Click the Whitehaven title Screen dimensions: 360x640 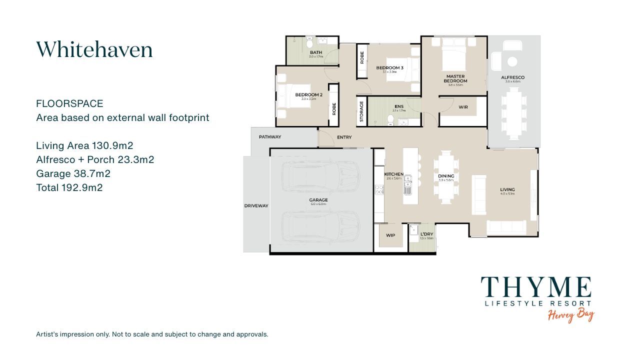pyautogui.click(x=94, y=49)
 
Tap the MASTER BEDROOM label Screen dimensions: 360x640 pyautogui.click(x=455, y=78)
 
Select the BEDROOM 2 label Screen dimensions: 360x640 pyautogui.click(x=308, y=94)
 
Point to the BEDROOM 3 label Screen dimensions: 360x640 pyautogui.click(x=390, y=67)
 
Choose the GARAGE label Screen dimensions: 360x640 pyautogui.click(x=318, y=200)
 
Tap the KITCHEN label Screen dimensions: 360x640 pyautogui.click(x=393, y=174)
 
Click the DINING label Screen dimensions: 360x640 pyautogui.click(x=446, y=176)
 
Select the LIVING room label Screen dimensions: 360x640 pyautogui.click(x=507, y=189)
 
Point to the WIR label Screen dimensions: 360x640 pyautogui.click(x=463, y=107)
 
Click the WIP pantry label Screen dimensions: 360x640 pyautogui.click(x=390, y=235)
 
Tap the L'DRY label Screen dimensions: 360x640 pyautogui.click(x=426, y=234)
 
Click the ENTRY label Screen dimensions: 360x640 pyautogui.click(x=344, y=137)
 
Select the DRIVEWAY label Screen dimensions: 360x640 pyautogui.click(x=256, y=205)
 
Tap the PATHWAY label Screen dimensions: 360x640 pyautogui.click(x=269, y=137)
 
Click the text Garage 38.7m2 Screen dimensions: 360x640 pyautogui.click(x=73, y=174)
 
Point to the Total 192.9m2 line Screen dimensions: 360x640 pyautogui.click(x=69, y=188)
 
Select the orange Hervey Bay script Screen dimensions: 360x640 pyautogui.click(x=570, y=315)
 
